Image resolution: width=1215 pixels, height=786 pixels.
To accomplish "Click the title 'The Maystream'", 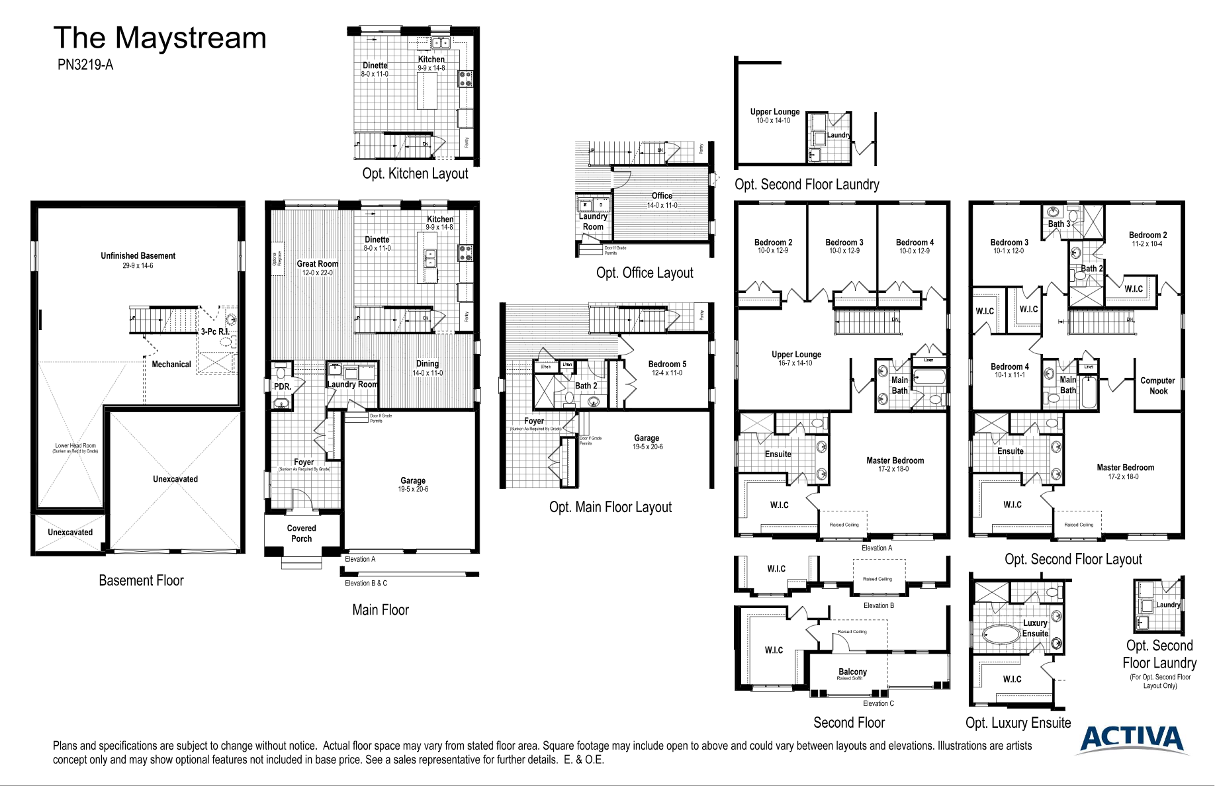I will click(159, 38).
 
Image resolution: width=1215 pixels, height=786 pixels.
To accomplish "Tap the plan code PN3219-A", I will click(85, 65).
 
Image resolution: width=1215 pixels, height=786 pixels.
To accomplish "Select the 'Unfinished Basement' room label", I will click(138, 256).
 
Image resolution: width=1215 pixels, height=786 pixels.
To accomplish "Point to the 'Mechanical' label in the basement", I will click(171, 365).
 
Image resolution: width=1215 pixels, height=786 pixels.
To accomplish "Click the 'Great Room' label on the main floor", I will click(317, 264).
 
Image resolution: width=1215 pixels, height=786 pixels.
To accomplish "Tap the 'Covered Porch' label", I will click(301, 533).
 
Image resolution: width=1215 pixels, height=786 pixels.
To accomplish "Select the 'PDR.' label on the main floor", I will click(283, 386).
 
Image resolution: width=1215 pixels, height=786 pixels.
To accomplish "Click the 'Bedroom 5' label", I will click(667, 365).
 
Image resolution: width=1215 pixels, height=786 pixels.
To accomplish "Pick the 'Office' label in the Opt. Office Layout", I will click(662, 196).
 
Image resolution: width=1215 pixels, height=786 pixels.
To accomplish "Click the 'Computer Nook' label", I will click(1157, 386).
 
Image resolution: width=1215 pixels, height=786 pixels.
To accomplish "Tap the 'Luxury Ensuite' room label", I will click(1035, 628).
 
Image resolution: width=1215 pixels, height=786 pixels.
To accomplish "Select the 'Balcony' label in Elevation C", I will click(852, 672).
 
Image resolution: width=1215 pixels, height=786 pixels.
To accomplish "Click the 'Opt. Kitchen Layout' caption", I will click(415, 174).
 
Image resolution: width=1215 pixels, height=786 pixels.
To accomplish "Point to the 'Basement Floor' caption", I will click(141, 581).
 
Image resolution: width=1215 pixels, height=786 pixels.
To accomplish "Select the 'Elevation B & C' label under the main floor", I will click(365, 583).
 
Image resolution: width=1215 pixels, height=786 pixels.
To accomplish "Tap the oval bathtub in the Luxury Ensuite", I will click(1001, 634).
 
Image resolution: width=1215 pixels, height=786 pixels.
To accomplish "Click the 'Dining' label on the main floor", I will click(427, 364).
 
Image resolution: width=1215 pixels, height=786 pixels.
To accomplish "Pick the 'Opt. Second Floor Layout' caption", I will click(1073, 560).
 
